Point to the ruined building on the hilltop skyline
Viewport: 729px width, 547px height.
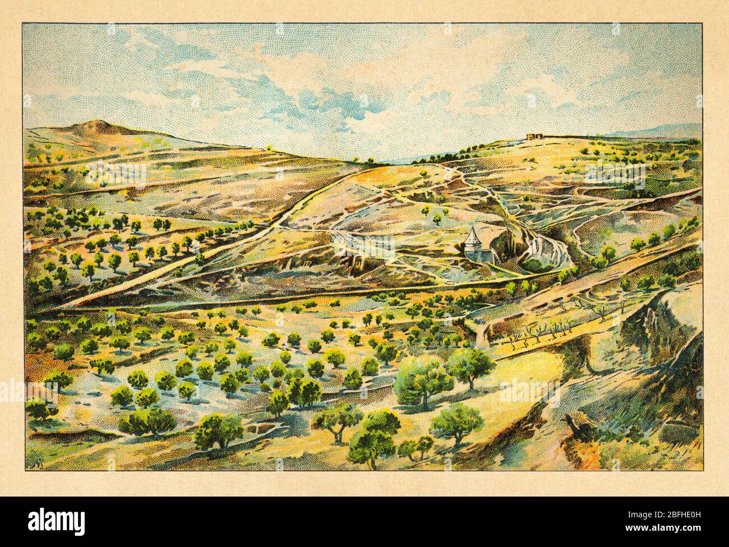536,136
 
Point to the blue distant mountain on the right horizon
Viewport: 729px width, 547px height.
662,131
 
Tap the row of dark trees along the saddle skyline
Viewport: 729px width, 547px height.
426,160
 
